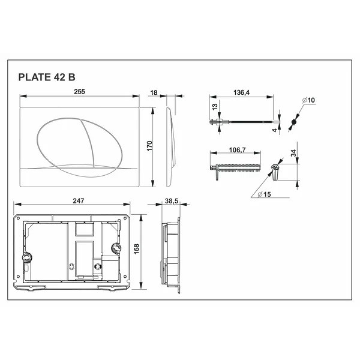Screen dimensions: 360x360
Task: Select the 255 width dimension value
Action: tap(79, 92)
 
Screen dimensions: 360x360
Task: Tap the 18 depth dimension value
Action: tap(155, 92)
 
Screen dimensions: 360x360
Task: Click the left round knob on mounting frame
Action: tap(26, 257)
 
